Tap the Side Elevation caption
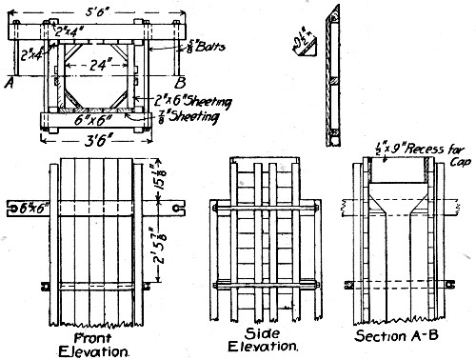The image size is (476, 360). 259,342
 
